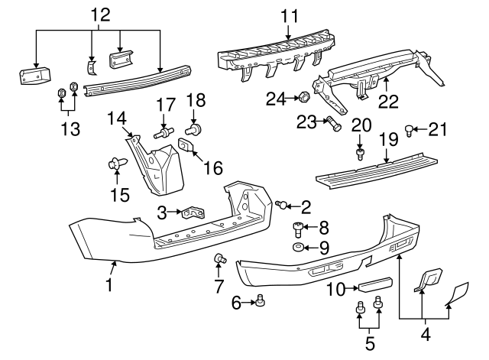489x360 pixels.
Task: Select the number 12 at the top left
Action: (100, 15)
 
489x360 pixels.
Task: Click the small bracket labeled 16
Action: (186, 144)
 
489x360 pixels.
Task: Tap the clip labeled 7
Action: (220, 260)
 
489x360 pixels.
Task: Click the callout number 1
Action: (110, 286)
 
